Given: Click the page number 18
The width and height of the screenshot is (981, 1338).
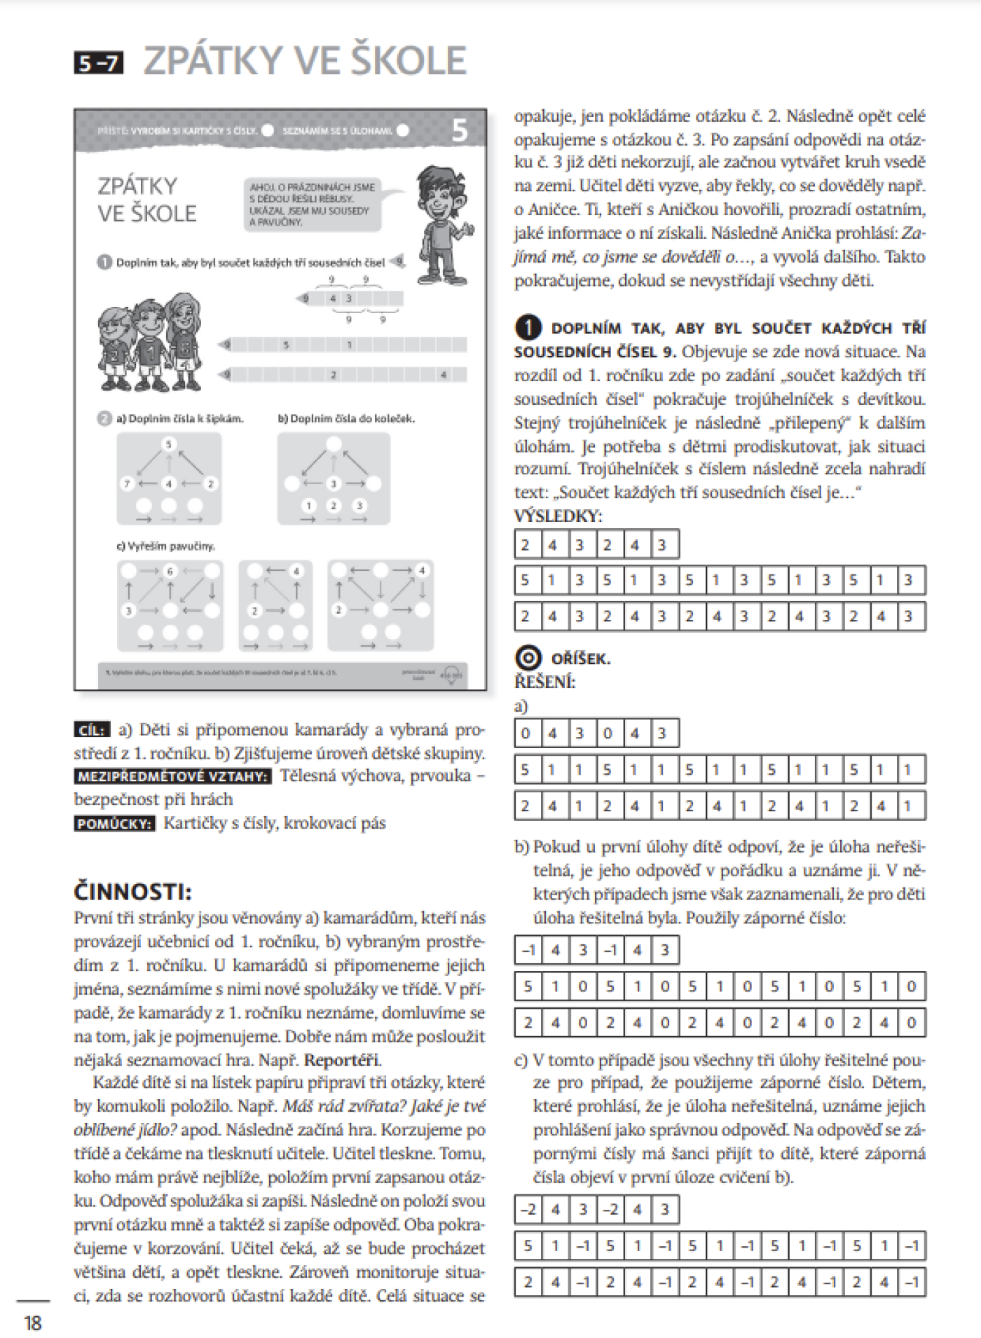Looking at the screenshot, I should (32, 1322).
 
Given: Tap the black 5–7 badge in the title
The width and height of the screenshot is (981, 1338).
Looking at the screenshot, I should (98, 63).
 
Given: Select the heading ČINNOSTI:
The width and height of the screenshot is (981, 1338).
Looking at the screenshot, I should (132, 891).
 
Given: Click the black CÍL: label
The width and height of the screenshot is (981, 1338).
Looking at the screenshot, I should (92, 730).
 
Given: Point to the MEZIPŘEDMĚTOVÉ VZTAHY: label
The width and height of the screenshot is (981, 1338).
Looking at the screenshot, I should (172, 776).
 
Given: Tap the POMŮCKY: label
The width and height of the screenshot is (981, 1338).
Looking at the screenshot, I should (114, 823).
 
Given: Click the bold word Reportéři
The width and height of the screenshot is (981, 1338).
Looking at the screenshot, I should (343, 1059).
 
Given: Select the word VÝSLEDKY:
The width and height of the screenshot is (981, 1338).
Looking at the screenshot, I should (558, 516).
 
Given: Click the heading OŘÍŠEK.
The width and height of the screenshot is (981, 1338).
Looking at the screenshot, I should (580, 658).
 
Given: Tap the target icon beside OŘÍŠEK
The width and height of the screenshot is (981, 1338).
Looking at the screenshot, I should (528, 658).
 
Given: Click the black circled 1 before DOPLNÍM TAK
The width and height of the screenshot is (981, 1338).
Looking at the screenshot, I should (528, 327).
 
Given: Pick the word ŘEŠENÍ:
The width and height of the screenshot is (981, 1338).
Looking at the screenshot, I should (544, 682).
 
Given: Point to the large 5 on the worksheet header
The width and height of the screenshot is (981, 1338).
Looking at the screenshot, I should (459, 131).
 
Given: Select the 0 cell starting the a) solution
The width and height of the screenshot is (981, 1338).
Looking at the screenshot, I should (526, 733).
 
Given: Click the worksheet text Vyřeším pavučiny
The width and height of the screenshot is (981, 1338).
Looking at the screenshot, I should (166, 546).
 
